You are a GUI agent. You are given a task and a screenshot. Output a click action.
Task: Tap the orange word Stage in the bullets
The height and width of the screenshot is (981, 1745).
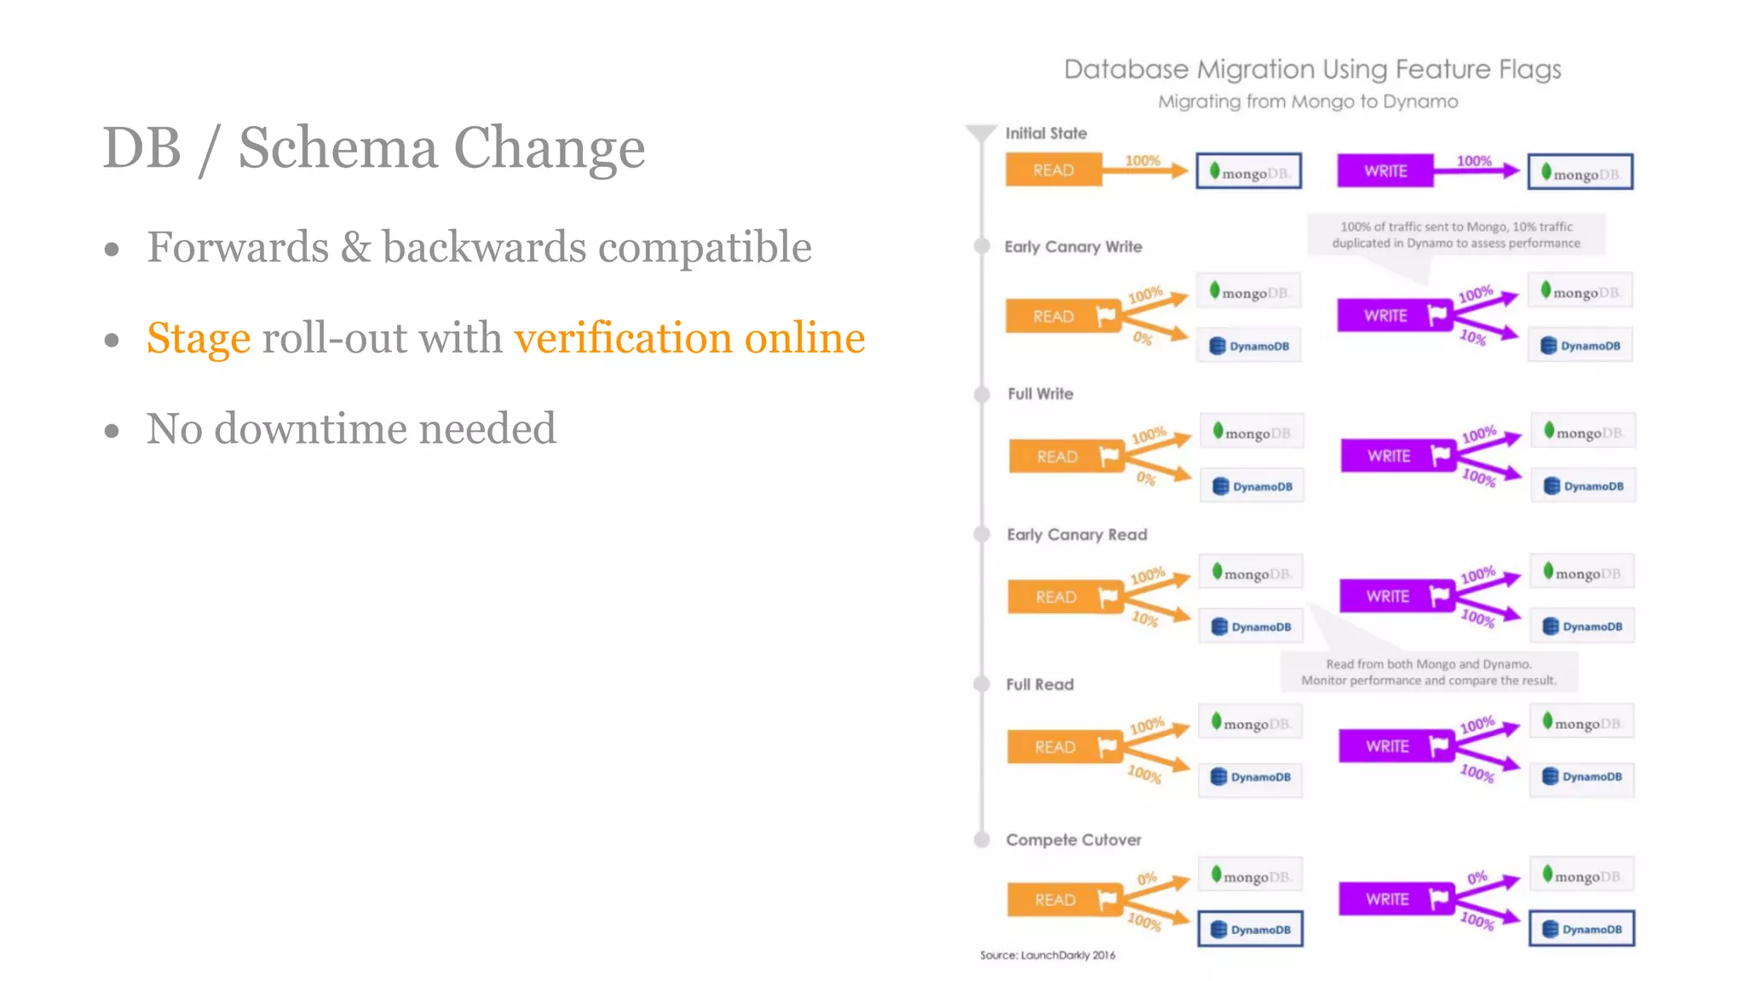(x=199, y=338)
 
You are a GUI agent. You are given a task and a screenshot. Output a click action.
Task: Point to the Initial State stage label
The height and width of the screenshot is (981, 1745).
(x=1045, y=134)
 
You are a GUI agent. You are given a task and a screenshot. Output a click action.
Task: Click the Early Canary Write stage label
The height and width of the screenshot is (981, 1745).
(x=1073, y=247)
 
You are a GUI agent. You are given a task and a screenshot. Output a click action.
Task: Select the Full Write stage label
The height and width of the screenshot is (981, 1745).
(x=1040, y=394)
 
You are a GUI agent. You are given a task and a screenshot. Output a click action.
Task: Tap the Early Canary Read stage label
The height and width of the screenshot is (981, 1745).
(x=1077, y=535)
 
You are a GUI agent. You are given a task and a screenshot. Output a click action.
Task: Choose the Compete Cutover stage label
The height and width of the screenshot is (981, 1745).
(x=1074, y=840)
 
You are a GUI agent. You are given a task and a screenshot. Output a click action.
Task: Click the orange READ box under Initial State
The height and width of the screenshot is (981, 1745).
(x=1053, y=170)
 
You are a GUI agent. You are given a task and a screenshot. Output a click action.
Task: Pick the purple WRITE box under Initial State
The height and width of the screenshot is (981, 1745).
(x=1385, y=171)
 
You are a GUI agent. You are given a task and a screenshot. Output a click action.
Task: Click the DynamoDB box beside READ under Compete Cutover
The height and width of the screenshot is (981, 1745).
(x=1250, y=930)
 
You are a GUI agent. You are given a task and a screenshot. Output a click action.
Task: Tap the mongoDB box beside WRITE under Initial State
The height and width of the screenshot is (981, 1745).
(x=1581, y=173)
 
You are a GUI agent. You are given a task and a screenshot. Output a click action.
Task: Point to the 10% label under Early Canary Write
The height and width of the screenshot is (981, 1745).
(x=1472, y=337)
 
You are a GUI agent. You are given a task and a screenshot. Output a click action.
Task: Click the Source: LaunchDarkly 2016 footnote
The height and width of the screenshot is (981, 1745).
(x=1047, y=955)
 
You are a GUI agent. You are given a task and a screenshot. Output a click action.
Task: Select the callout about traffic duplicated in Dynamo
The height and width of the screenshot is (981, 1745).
(x=1456, y=235)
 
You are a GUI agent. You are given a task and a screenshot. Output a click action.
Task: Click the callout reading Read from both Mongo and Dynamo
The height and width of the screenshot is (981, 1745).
(x=1429, y=672)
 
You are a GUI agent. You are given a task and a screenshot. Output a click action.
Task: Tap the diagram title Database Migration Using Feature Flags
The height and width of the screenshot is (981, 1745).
(x=1312, y=69)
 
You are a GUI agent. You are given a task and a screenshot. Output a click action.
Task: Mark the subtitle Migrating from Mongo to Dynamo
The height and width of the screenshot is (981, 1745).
(x=1308, y=102)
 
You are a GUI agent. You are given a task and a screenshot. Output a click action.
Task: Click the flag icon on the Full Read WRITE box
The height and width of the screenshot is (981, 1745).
(x=1438, y=747)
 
